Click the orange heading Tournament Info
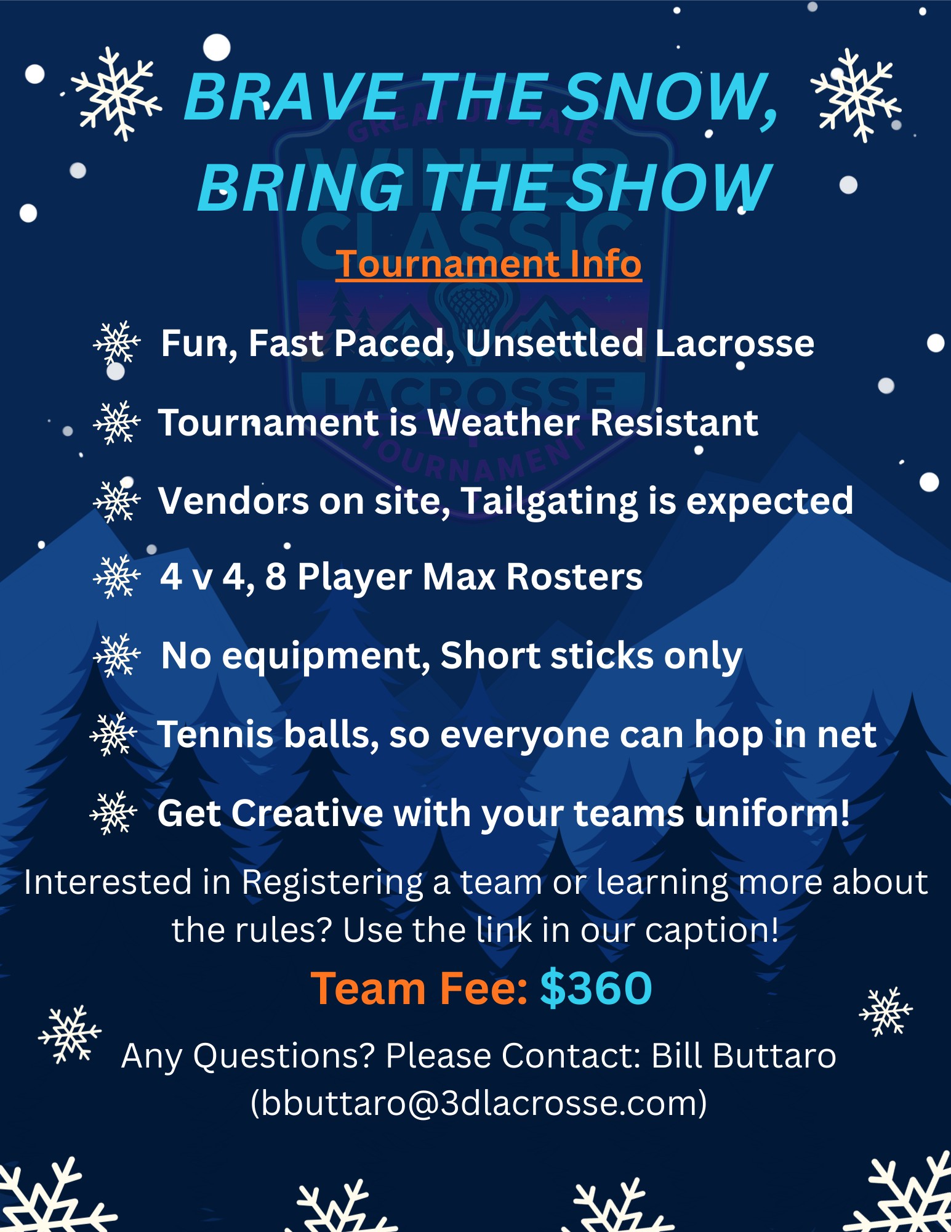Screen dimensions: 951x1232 [x=489, y=264]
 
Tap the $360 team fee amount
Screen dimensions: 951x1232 [x=596, y=988]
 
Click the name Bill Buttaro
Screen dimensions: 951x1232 [x=744, y=1055]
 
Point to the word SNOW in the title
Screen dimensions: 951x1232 [x=664, y=97]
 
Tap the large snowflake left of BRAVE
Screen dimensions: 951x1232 [x=116, y=94]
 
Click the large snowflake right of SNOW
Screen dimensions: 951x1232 [x=856, y=95]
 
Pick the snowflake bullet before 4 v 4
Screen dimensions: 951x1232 [x=117, y=576]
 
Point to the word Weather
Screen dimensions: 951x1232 [x=503, y=423]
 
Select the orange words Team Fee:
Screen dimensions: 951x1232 [x=419, y=988]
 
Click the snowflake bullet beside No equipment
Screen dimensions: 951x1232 [x=117, y=655]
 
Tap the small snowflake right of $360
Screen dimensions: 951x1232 [x=886, y=1011]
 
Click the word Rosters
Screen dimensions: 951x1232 [x=574, y=577]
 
